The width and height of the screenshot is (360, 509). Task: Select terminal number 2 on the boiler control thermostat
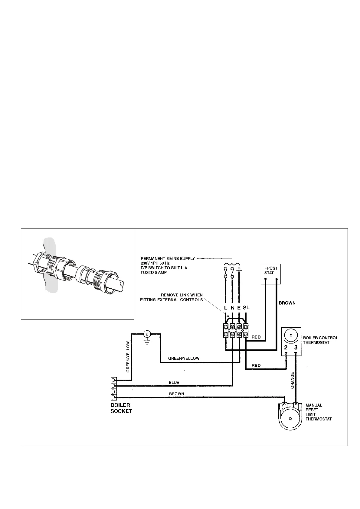pyautogui.click(x=286, y=347)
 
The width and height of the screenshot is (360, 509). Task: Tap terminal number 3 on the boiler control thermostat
pyautogui.click(x=296, y=347)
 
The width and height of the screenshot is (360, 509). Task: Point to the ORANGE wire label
pyautogui.click(x=293, y=380)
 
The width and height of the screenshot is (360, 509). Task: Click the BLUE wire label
pyautogui.click(x=174, y=382)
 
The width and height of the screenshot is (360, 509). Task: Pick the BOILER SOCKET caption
pyautogui.click(x=121, y=408)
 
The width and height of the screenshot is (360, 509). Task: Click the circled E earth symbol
pyautogui.click(x=147, y=334)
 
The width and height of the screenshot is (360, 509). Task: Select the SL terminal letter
pyautogui.click(x=246, y=307)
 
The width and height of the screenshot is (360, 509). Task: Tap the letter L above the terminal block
pyautogui.click(x=226, y=308)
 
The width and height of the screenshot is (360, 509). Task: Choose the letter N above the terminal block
pyautogui.click(x=233, y=308)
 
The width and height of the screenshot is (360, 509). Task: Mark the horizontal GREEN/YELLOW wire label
pyautogui.click(x=184, y=358)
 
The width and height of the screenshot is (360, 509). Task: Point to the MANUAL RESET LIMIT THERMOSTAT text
pyautogui.click(x=318, y=412)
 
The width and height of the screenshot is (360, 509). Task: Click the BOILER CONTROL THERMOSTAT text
pyautogui.click(x=320, y=340)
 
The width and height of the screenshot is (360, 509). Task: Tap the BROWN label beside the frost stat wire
pyautogui.click(x=287, y=303)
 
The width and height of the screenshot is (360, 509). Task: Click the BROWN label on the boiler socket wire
pyautogui.click(x=176, y=394)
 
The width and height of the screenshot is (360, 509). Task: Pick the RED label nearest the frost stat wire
pyautogui.click(x=256, y=337)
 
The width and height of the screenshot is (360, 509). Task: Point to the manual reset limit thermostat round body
pyautogui.click(x=290, y=419)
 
